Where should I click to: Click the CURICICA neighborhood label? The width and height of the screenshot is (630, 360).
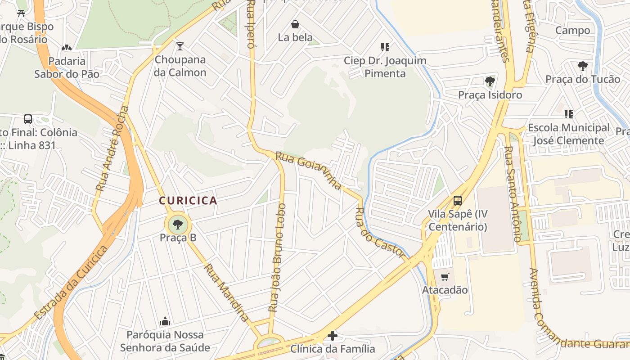point(188,201)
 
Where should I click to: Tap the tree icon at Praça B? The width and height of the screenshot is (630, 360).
point(178,224)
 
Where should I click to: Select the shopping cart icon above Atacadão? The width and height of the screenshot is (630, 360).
point(445,277)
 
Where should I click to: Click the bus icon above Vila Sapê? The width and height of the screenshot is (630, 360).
point(458,201)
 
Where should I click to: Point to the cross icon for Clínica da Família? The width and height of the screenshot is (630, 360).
point(332,336)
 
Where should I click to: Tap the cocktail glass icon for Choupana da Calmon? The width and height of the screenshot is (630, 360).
point(180,46)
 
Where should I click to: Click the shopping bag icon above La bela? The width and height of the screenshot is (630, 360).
point(295,24)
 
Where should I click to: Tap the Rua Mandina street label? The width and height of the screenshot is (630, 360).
point(226,292)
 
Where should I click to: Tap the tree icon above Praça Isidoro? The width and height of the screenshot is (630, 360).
point(490,82)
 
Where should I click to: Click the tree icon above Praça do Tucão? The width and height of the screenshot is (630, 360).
point(583,67)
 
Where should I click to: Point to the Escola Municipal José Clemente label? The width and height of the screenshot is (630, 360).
point(568,134)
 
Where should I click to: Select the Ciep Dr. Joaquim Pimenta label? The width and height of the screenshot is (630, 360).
point(385,67)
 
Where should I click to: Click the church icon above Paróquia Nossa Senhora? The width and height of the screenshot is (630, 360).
point(165,321)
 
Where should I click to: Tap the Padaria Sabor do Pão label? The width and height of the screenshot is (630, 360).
point(67,67)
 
